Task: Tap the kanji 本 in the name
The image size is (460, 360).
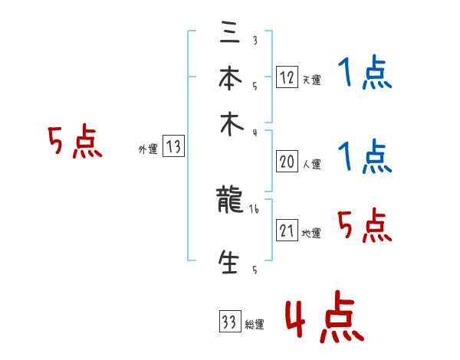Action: pyautogui.click(x=229, y=79)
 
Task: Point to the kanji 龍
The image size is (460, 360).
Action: pyautogui.click(x=229, y=201)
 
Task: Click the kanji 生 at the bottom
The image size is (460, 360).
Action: pyautogui.click(x=229, y=262)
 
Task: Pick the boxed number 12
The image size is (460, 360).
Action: pyautogui.click(x=287, y=77)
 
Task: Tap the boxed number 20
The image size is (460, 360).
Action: pyautogui.click(x=287, y=162)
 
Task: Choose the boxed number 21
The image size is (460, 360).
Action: pyautogui.click(x=287, y=231)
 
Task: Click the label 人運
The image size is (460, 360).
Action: pyautogui.click(x=311, y=164)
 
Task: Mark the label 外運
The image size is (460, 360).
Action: pyautogui.click(x=148, y=150)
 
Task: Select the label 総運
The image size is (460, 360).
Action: pyautogui.click(x=255, y=325)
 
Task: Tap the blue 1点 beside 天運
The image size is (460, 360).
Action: pyautogui.click(x=365, y=74)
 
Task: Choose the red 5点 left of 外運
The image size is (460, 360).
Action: pyautogui.click(x=74, y=142)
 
